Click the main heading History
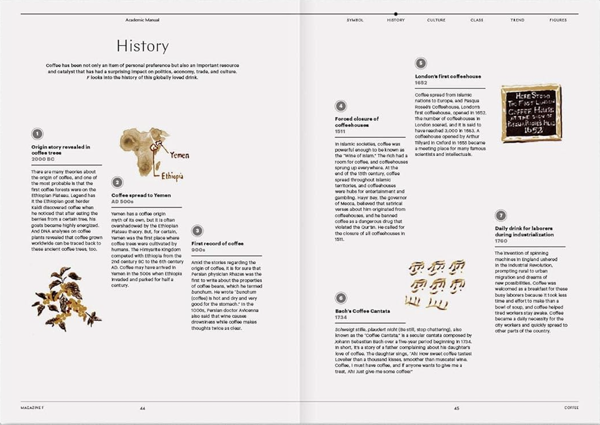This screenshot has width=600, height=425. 142,46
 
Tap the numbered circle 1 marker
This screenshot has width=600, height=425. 37,134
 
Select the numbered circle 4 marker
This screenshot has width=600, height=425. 340,106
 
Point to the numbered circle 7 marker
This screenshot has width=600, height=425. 500,215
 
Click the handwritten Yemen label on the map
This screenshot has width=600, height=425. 179,155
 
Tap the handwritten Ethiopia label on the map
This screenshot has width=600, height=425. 172,176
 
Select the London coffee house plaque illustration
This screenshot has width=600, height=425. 531,113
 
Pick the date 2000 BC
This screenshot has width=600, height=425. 43,159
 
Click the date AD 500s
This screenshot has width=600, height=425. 122,202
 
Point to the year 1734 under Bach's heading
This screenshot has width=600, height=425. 341,317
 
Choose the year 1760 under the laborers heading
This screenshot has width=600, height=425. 501,241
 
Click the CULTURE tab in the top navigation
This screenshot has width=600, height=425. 436,20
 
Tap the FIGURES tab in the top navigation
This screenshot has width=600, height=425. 558,20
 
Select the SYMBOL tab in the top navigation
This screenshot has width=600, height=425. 355,20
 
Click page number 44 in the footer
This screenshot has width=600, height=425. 142,408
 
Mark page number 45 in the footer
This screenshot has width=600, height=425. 456,408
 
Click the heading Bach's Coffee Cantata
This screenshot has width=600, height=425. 362,311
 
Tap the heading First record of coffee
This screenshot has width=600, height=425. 217,243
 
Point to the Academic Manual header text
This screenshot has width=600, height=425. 142,20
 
